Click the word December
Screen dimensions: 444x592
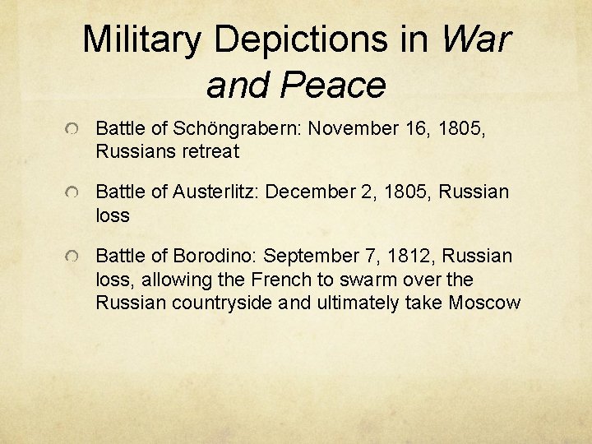[x=310, y=192]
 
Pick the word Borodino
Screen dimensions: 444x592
[x=211, y=257]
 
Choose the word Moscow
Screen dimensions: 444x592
[x=484, y=303]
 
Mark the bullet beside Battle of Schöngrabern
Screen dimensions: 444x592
[x=74, y=130]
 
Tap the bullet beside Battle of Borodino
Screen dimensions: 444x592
[x=74, y=258]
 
